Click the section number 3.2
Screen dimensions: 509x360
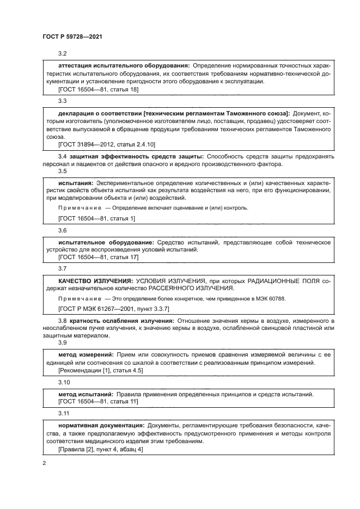[62, 53]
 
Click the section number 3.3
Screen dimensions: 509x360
[62, 101]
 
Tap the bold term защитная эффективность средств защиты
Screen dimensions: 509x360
[137, 156]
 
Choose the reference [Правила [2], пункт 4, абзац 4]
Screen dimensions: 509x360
[100, 450]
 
